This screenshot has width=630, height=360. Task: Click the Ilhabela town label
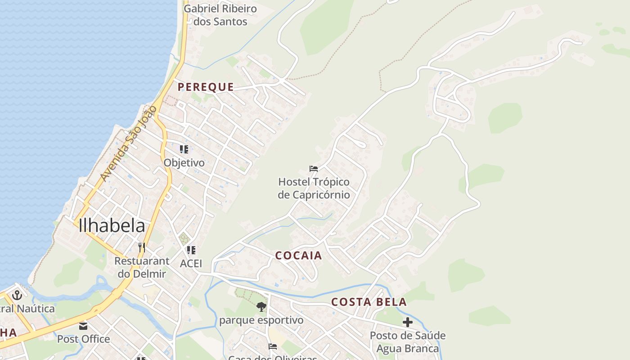[112, 225]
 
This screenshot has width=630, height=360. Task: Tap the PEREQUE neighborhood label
[206, 87]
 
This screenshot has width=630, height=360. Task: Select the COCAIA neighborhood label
[298, 256]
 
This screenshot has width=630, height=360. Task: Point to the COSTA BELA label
[369, 302]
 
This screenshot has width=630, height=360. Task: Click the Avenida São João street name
[128, 144]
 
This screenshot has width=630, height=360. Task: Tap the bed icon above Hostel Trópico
[314, 169]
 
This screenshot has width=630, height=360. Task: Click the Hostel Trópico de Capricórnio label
[314, 188]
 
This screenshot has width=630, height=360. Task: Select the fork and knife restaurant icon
[142, 247]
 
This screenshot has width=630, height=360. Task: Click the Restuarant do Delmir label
[142, 267]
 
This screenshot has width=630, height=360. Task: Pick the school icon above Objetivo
[184, 149]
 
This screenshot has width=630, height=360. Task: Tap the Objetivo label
[184, 162]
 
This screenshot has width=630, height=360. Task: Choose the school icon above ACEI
[191, 250]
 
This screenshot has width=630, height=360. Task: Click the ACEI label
[191, 263]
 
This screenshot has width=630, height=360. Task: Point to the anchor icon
[17, 295]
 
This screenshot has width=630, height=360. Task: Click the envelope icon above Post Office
[83, 325]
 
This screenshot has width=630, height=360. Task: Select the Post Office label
[83, 339]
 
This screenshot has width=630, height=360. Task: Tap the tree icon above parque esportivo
[261, 307]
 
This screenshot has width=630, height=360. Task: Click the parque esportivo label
[261, 320]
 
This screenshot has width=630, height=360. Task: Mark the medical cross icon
[408, 322]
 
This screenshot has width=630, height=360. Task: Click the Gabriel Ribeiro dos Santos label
[220, 15]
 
